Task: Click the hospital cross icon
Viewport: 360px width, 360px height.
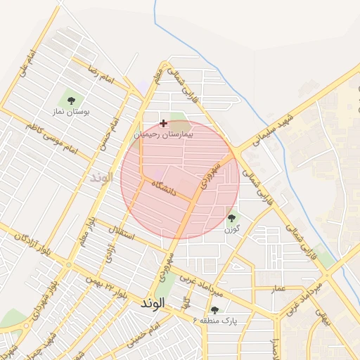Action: pos(164,123)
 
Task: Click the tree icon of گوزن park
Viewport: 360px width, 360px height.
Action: pos(232,219)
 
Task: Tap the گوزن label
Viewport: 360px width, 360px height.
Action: pos(232,230)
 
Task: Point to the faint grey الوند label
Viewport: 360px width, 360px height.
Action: pos(101,176)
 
